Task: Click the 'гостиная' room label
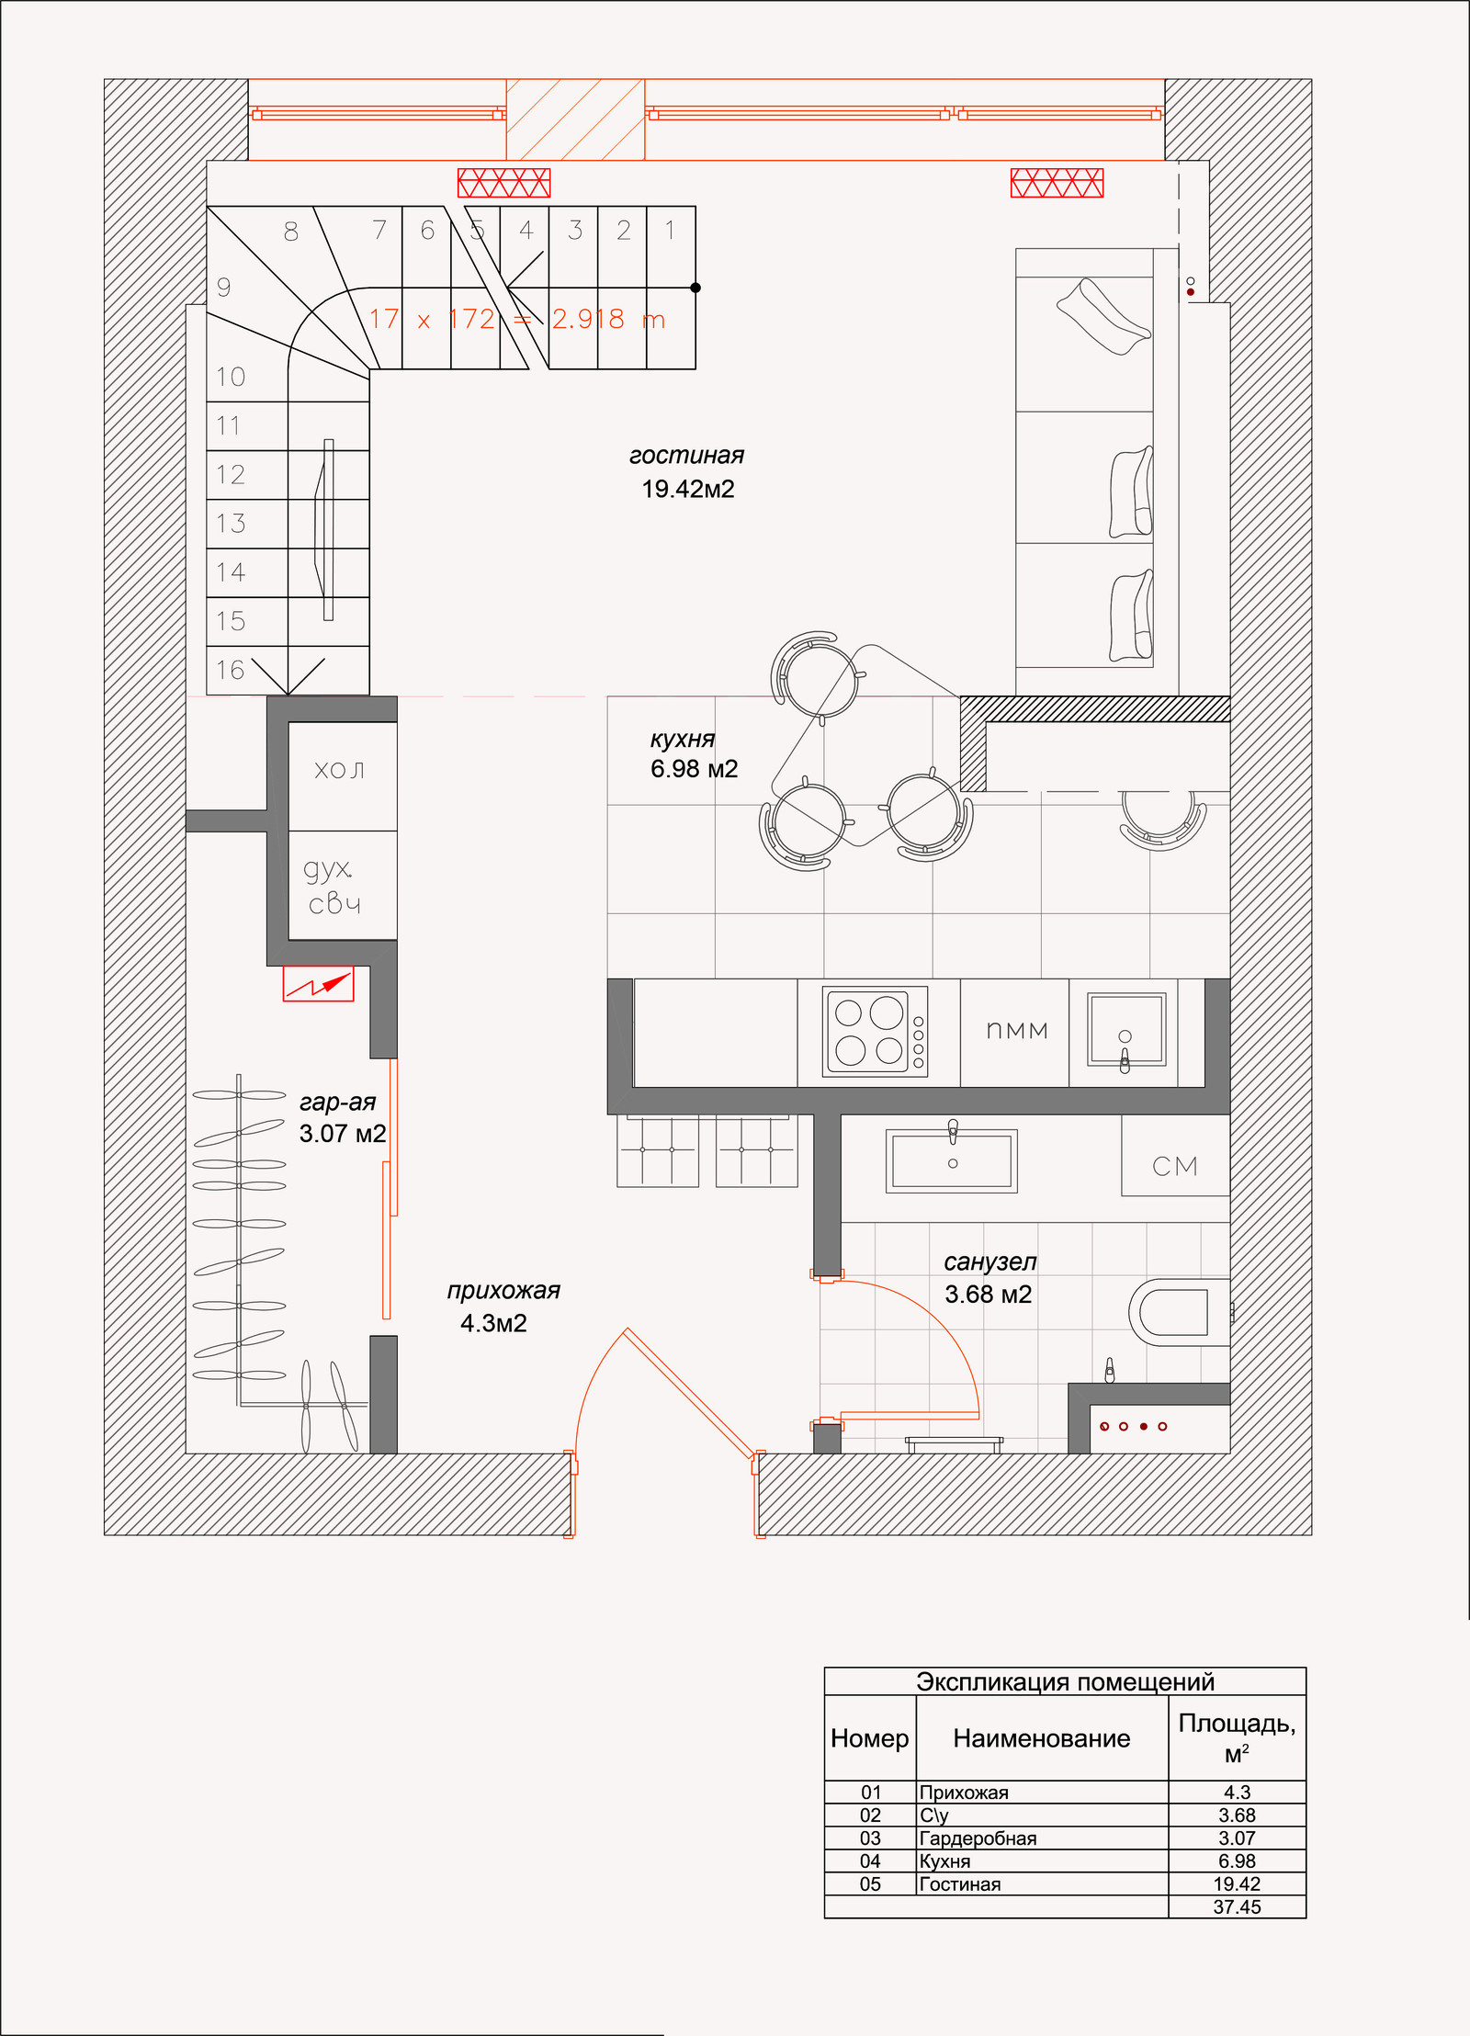point(686,456)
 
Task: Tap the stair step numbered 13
point(231,524)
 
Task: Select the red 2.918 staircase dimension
point(588,319)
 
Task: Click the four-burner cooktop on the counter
point(876,1031)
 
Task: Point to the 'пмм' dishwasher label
point(1016,1031)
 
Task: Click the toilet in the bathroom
point(1177,1311)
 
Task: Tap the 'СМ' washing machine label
point(1175,1166)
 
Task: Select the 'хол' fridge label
point(339,770)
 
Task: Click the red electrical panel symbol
point(318,984)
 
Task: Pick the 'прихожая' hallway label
point(503,1290)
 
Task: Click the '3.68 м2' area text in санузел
point(989,1295)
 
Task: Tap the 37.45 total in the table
point(1237,1906)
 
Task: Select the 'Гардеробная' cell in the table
point(978,1838)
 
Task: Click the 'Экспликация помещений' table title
point(1065,1681)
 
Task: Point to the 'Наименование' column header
point(1041,1738)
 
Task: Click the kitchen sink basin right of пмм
point(1125,1029)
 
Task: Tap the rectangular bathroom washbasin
point(952,1161)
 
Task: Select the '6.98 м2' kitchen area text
point(694,769)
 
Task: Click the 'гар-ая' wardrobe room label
point(338,1102)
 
